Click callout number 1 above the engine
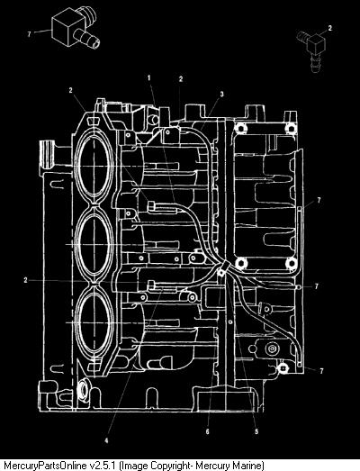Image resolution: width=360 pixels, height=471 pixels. coord(148,77)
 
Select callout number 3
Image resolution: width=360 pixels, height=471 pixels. coord(222,95)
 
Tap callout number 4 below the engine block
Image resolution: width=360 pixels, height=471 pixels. coord(106,440)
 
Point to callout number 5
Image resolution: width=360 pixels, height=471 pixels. coord(256,431)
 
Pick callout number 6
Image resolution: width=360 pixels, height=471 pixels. coord(208,431)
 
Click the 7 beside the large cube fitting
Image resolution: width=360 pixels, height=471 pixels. coord(29,34)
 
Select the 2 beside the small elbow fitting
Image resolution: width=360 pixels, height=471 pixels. coord(330,28)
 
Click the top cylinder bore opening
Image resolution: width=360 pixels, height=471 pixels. coord(94,166)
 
